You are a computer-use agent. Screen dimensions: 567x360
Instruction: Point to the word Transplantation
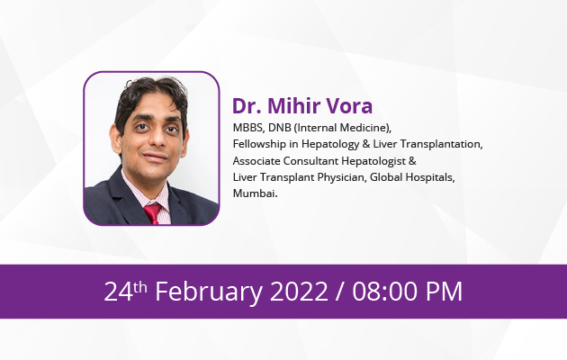pyautogui.click(x=441, y=144)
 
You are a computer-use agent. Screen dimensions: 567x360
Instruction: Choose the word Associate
pyautogui.click(x=256, y=161)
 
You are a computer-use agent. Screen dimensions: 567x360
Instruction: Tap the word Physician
pyautogui.click(x=342, y=177)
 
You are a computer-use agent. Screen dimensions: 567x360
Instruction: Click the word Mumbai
pyautogui.click(x=255, y=193)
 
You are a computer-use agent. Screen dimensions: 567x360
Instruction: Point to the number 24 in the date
pyautogui.click(x=119, y=292)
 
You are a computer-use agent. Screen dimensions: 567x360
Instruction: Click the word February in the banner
pyautogui.click(x=209, y=292)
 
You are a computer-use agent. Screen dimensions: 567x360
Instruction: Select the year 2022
pyautogui.click(x=299, y=292)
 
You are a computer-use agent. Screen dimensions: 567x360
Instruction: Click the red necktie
pyautogui.click(x=153, y=213)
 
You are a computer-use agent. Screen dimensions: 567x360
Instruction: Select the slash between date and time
pyautogui.click(x=340, y=292)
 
